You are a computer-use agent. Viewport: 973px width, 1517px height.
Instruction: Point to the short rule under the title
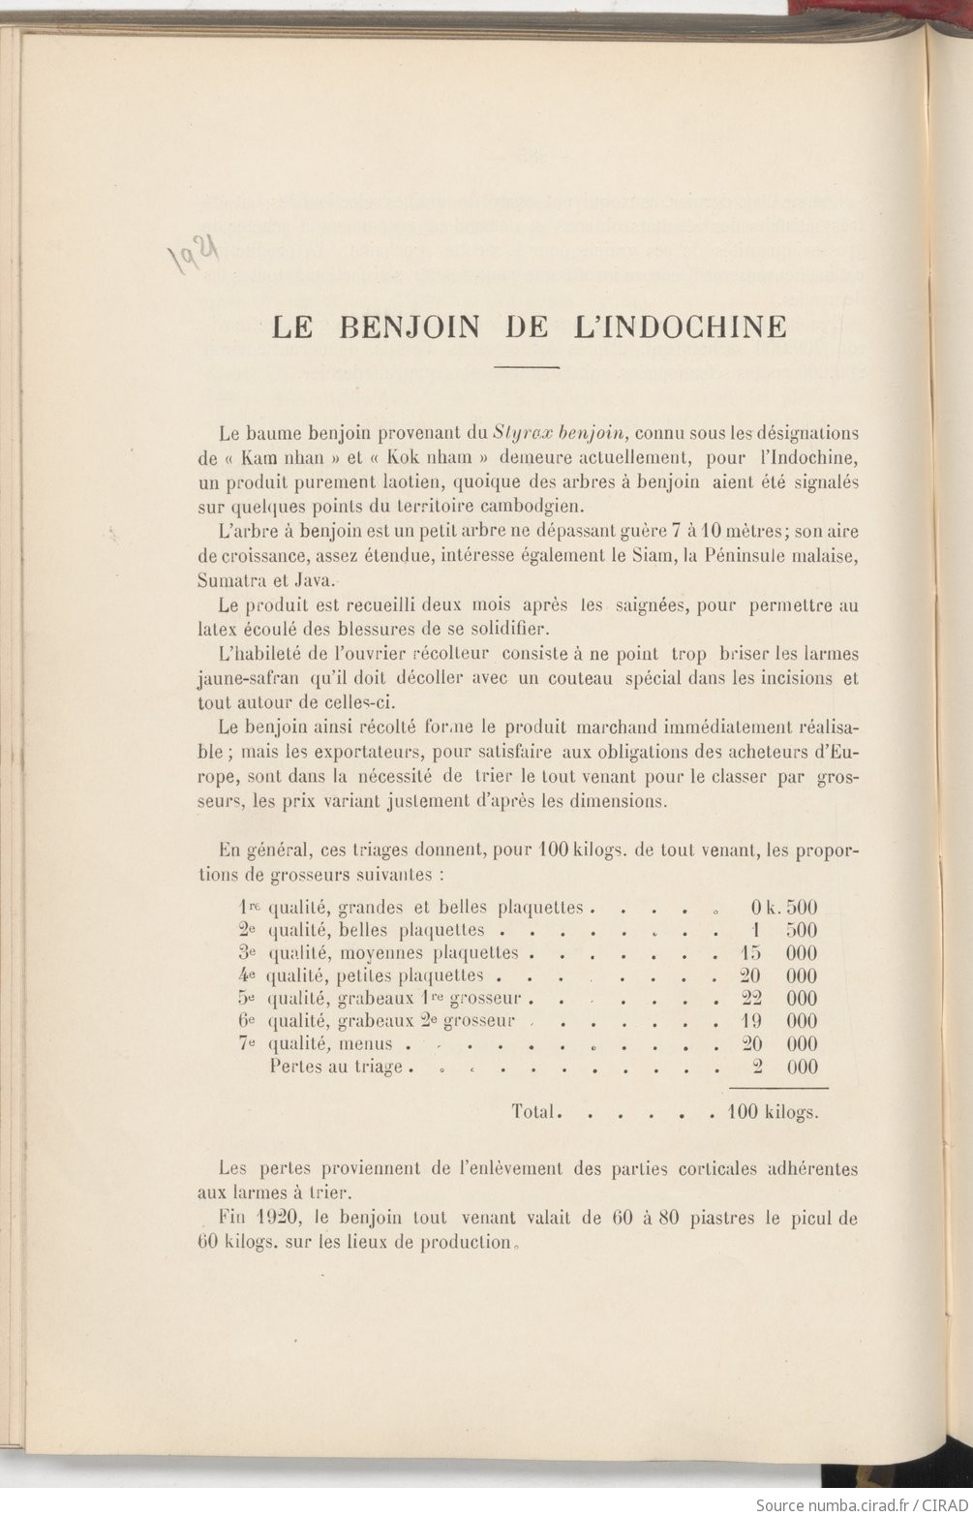coord(528,368)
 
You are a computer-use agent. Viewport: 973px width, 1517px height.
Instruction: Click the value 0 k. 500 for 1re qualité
coord(783,908)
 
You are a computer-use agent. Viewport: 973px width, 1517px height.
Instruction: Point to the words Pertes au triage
coord(335,1068)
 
